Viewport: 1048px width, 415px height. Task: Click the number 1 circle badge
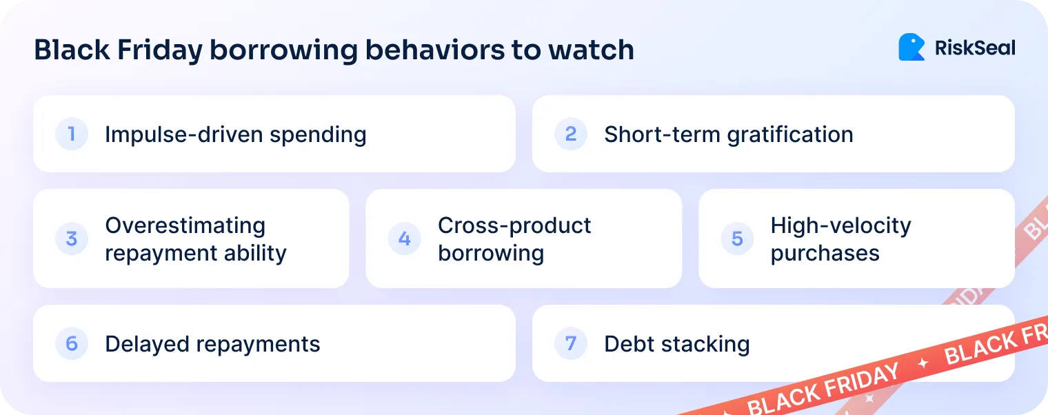(x=72, y=134)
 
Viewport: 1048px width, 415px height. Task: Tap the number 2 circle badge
(x=571, y=134)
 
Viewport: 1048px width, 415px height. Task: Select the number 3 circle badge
(x=72, y=239)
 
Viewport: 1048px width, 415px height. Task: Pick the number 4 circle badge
(x=405, y=239)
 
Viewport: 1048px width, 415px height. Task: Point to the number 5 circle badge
(x=737, y=239)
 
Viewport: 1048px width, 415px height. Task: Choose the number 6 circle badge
(x=72, y=343)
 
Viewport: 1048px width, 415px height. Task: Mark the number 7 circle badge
(x=571, y=343)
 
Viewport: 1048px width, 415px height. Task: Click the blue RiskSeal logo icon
(x=911, y=48)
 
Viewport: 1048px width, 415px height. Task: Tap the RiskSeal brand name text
(x=975, y=48)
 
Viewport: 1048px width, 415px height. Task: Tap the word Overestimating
(x=185, y=225)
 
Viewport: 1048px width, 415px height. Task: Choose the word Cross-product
(x=514, y=225)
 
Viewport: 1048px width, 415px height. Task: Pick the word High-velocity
(x=840, y=225)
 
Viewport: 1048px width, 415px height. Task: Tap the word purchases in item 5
(x=825, y=253)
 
